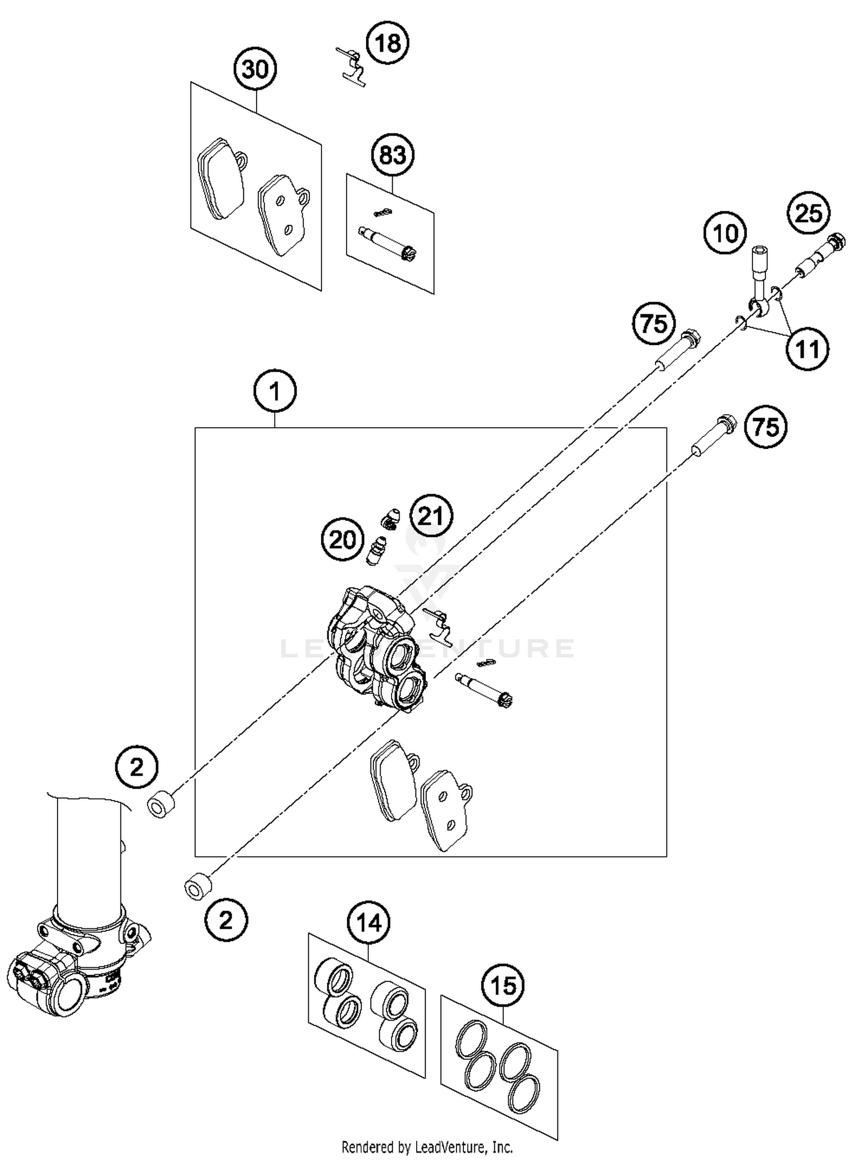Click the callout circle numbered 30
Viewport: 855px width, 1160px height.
click(255, 70)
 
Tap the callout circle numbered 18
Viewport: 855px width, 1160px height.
click(388, 43)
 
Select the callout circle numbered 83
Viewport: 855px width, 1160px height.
click(392, 154)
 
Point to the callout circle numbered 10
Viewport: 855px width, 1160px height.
click(725, 233)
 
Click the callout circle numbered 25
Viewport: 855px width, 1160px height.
click(808, 214)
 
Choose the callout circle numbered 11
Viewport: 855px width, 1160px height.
click(807, 349)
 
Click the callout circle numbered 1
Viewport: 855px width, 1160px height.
click(275, 392)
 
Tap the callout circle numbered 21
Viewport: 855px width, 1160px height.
click(431, 516)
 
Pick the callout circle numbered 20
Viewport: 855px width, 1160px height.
click(342, 539)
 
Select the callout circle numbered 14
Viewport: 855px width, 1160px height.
click(369, 922)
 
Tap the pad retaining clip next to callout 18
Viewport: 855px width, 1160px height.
click(352, 67)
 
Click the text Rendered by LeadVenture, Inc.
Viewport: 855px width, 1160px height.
click(427, 1147)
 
